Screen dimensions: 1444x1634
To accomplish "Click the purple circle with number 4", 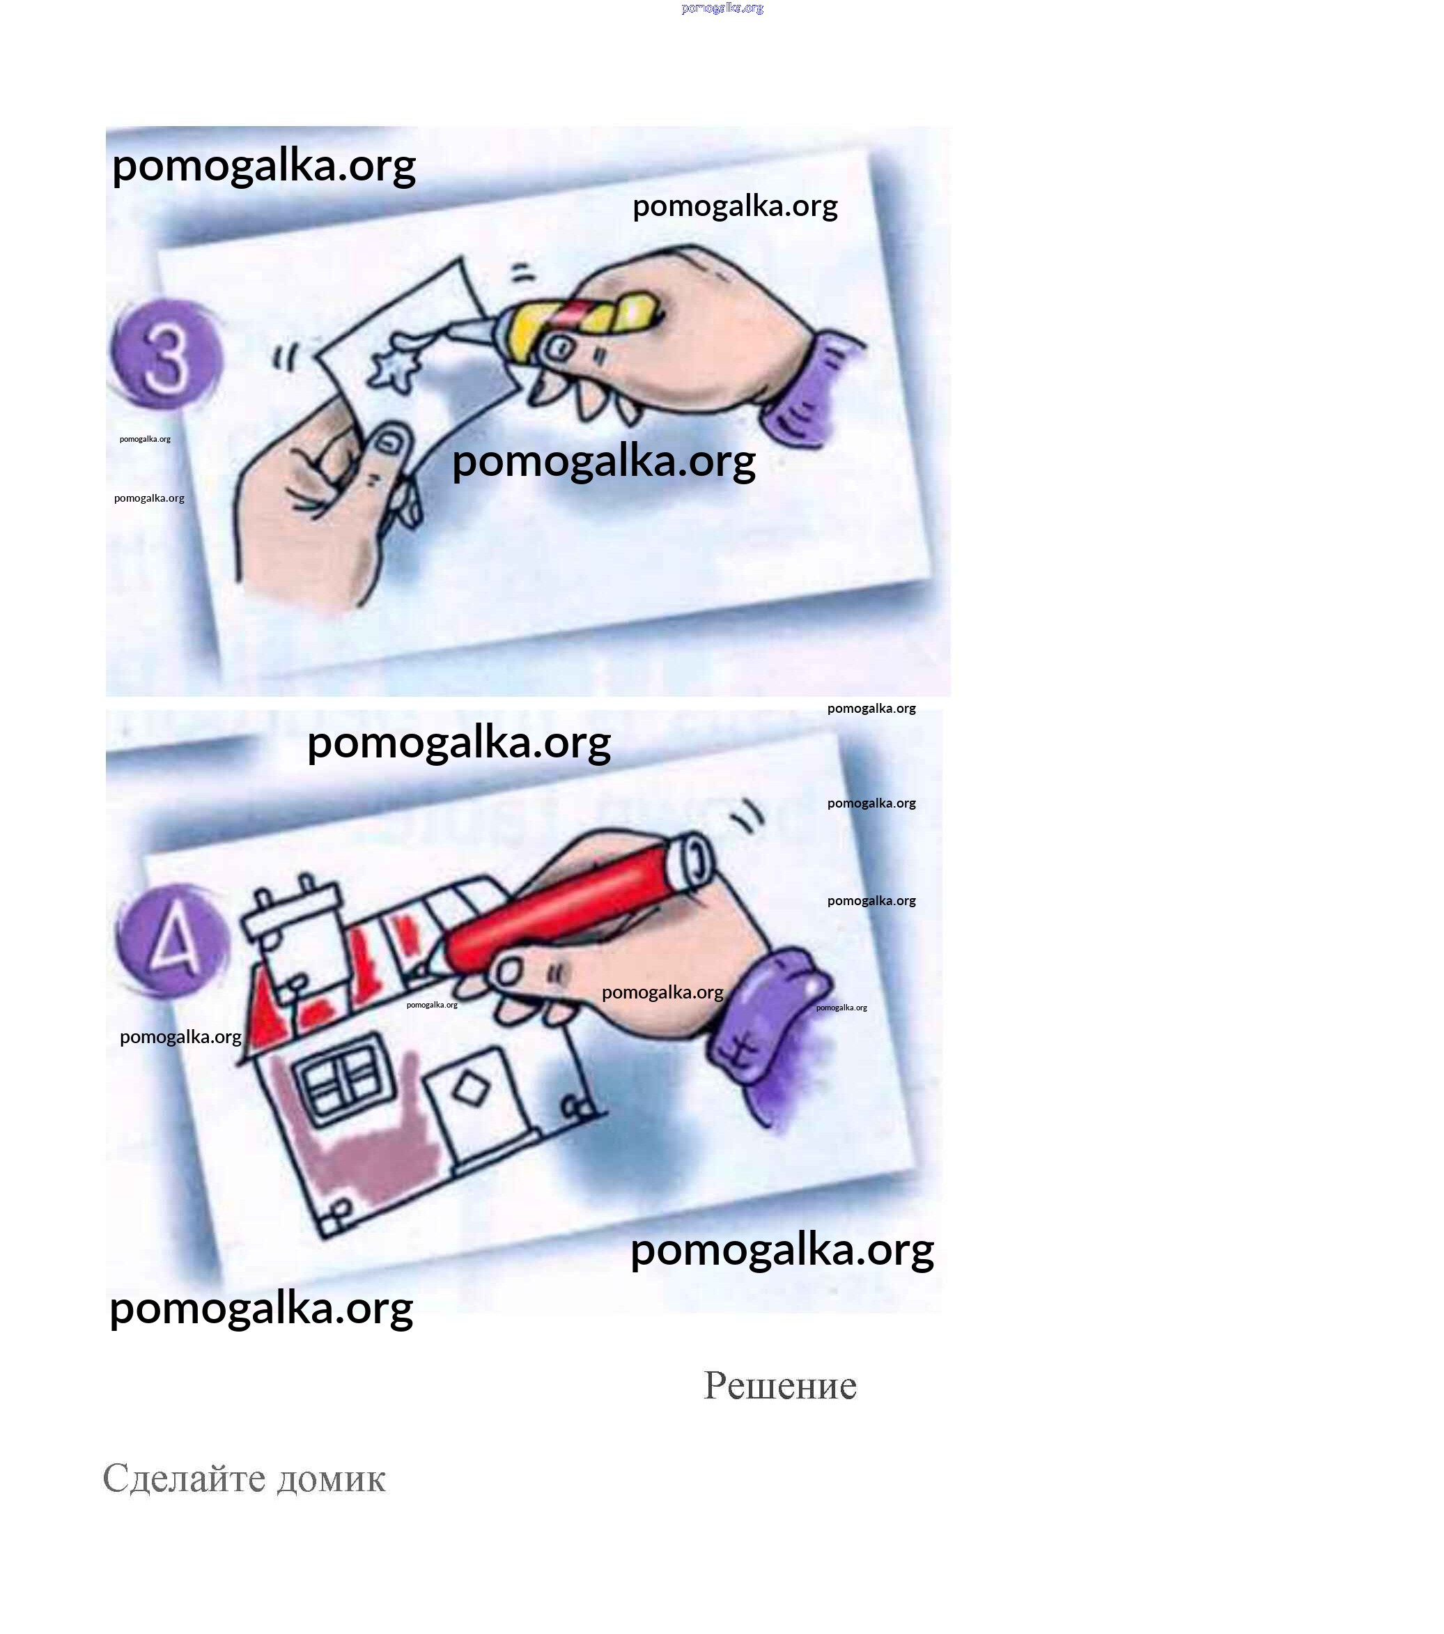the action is (171, 940).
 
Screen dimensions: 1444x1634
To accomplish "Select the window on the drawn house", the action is (346, 1079).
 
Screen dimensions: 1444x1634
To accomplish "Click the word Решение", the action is (780, 1386).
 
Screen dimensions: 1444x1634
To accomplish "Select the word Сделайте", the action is (185, 1479).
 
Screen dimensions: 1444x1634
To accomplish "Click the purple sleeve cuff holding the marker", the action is (767, 1015).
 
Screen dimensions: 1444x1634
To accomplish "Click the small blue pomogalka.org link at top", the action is (722, 8).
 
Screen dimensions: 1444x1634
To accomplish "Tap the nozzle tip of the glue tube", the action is (452, 327).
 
